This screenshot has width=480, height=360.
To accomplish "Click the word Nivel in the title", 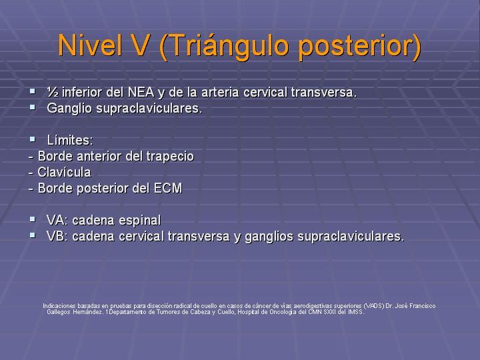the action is point(90,45).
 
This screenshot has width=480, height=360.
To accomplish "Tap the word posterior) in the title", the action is point(359,47).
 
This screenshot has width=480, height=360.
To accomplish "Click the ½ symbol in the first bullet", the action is point(52,92).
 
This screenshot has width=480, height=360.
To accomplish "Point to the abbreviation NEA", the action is point(141,92).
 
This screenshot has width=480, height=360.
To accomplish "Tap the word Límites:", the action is point(70,141).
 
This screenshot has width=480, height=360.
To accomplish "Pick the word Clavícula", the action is point(64,173).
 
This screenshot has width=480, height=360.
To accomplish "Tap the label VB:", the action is point(57,236).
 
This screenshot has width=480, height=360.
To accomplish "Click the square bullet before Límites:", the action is point(33,139).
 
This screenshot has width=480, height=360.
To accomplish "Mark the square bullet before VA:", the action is point(33,219).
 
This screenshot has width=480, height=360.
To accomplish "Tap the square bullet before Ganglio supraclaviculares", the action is point(33,107).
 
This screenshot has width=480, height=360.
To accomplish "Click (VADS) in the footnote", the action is point(374,306).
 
